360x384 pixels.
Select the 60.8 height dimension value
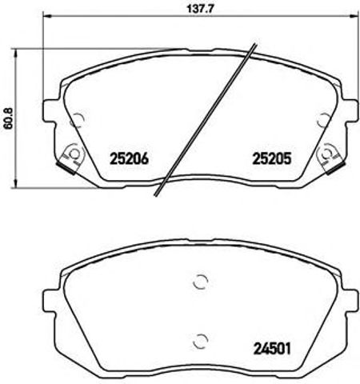coord(8,118)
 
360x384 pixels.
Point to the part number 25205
coord(270,158)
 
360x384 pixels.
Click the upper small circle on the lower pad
coord(201,282)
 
